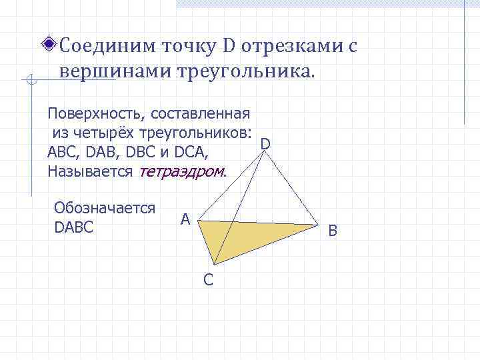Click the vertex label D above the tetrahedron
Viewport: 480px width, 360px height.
(x=265, y=143)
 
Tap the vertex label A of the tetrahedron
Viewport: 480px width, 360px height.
(x=185, y=219)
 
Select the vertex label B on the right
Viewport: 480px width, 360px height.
(x=333, y=231)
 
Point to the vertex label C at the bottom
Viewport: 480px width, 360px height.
(x=208, y=280)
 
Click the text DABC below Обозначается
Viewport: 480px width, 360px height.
(x=73, y=227)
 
